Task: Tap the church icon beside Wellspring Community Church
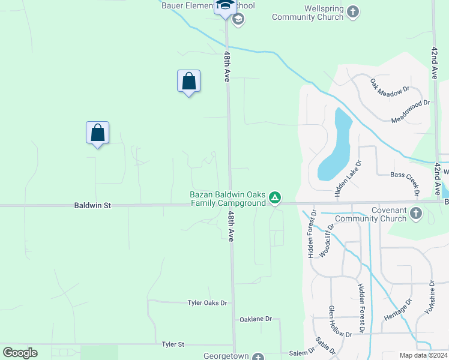coord(353,11)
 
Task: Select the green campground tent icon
coord(274,197)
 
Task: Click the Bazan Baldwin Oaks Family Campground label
coord(228,199)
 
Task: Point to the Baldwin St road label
coord(92,205)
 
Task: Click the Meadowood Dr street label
coord(411,111)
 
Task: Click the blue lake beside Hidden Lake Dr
coord(335,148)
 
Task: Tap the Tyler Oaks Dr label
coord(208,303)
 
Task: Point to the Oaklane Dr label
coord(256,319)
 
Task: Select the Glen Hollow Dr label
coord(334,320)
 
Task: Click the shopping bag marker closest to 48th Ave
coord(188,82)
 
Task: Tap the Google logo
coord(20,353)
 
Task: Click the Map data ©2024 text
coord(423,355)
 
